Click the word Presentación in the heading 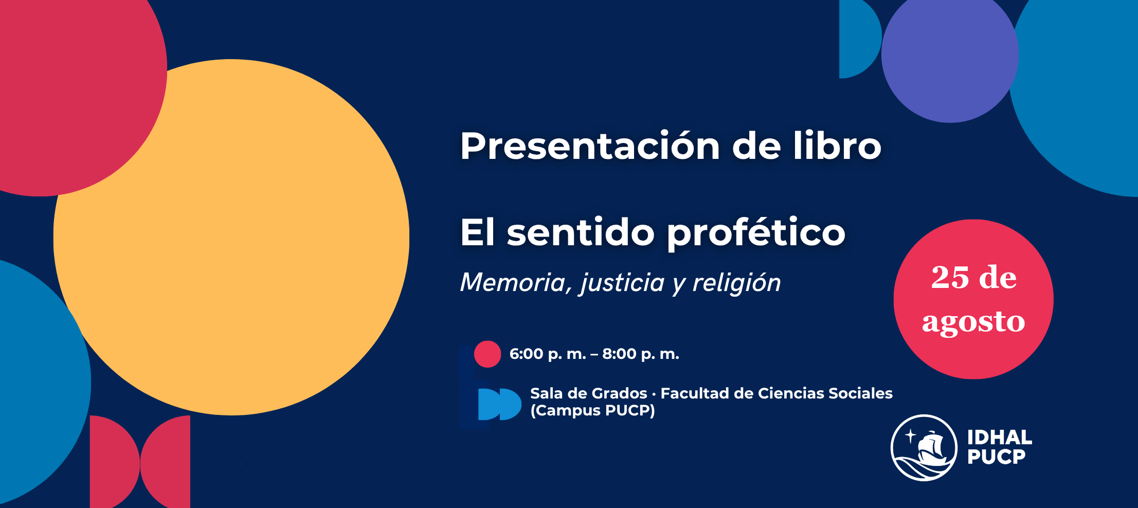point(590,146)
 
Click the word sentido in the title point(581,232)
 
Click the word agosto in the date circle point(973,322)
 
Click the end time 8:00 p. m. point(641,354)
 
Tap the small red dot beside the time point(487,354)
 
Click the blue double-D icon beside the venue point(499,404)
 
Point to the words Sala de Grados point(589,393)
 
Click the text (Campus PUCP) point(593,411)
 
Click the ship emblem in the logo point(924,448)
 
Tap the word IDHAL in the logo point(1000,438)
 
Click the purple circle point(950,55)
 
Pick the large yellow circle point(231,237)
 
